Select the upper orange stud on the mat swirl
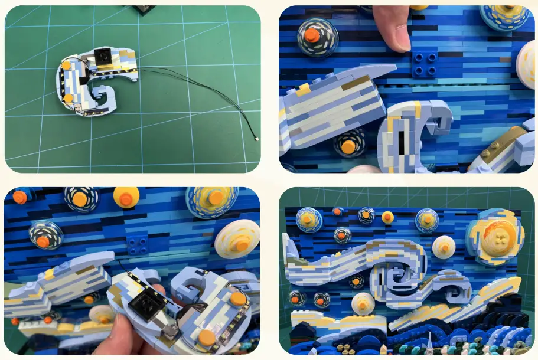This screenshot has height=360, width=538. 66,66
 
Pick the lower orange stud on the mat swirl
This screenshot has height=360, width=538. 69,98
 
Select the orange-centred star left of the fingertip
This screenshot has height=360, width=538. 318,36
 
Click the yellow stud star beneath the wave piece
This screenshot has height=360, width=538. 350,145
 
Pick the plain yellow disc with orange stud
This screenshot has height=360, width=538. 126,197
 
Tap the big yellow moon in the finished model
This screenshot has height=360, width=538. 494,236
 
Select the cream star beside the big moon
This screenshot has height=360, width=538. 444,247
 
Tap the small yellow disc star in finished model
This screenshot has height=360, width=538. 387,218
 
